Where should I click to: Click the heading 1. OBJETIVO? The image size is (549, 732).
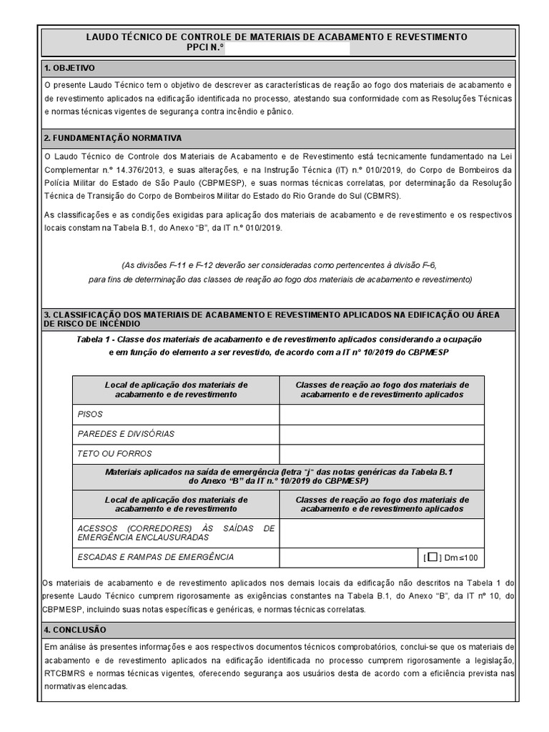click(69, 69)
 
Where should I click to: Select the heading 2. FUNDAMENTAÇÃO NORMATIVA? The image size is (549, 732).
click(113, 137)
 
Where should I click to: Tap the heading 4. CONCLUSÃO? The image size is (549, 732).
click(75, 630)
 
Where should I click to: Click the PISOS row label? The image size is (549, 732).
click(90, 414)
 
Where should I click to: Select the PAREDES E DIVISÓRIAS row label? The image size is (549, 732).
click(125, 434)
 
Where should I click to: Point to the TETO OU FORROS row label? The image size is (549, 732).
click(114, 454)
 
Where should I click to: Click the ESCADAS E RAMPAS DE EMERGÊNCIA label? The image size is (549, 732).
click(155, 558)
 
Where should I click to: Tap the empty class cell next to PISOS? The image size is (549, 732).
click(382, 414)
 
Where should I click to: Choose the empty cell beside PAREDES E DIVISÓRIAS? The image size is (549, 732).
click(382, 434)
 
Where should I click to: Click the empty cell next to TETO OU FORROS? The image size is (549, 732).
click(382, 454)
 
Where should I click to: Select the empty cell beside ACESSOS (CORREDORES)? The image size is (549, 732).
click(382, 533)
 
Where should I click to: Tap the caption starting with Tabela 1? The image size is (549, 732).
click(279, 339)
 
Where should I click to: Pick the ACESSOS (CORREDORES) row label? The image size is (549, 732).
click(175, 533)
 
